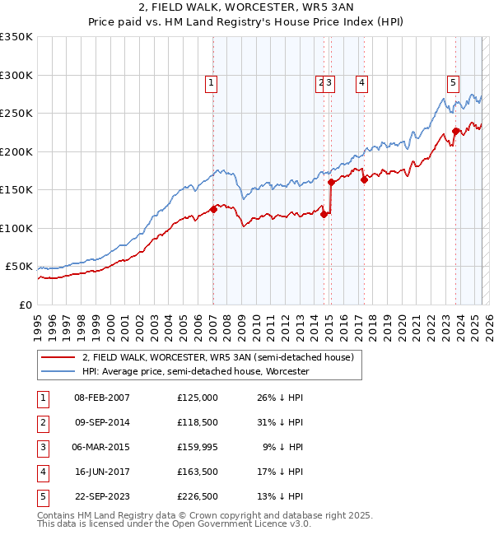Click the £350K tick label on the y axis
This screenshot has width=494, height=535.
coord(16,37)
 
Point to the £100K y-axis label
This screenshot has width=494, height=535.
coord(16,228)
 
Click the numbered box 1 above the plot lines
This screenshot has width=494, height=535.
coord(212,81)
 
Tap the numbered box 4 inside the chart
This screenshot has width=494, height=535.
coord(361,81)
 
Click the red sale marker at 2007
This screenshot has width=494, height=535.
coord(213,209)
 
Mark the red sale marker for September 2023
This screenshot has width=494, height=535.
coord(455,131)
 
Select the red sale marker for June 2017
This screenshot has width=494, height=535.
coord(364,179)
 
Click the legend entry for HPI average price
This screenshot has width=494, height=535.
coord(195,371)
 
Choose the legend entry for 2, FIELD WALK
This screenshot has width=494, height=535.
coord(217,357)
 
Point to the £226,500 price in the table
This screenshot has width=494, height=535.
coord(198,496)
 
